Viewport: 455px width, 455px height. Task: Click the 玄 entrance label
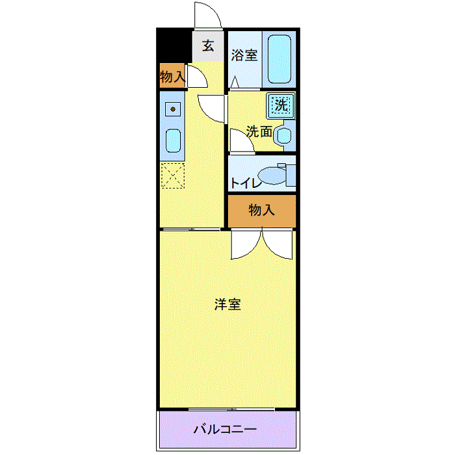click(208, 45)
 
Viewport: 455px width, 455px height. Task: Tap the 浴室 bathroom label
click(244, 55)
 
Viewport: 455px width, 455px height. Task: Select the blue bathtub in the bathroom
click(279, 59)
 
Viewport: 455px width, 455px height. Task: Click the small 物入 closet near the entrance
click(172, 75)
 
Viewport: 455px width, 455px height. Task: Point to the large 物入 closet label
click(261, 209)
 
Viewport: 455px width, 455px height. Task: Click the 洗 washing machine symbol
click(281, 106)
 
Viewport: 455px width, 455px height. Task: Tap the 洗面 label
click(259, 131)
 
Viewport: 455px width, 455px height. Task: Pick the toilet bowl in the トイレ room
click(272, 175)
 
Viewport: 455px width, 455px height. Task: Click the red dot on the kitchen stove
click(173, 109)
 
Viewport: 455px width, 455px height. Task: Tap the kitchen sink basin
click(173, 141)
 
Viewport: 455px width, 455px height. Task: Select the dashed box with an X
click(173, 175)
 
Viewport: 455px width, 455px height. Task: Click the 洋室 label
click(227, 304)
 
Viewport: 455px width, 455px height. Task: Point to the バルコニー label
click(225, 429)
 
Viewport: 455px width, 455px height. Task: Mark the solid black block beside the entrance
click(174, 45)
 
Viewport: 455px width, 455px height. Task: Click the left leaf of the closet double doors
click(246, 244)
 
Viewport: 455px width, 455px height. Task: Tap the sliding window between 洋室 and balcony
click(231, 409)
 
